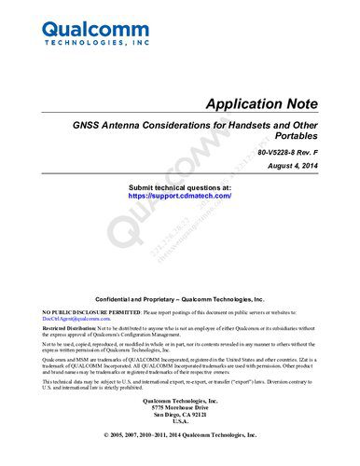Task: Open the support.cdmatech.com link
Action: point(179,198)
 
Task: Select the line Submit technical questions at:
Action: point(179,188)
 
